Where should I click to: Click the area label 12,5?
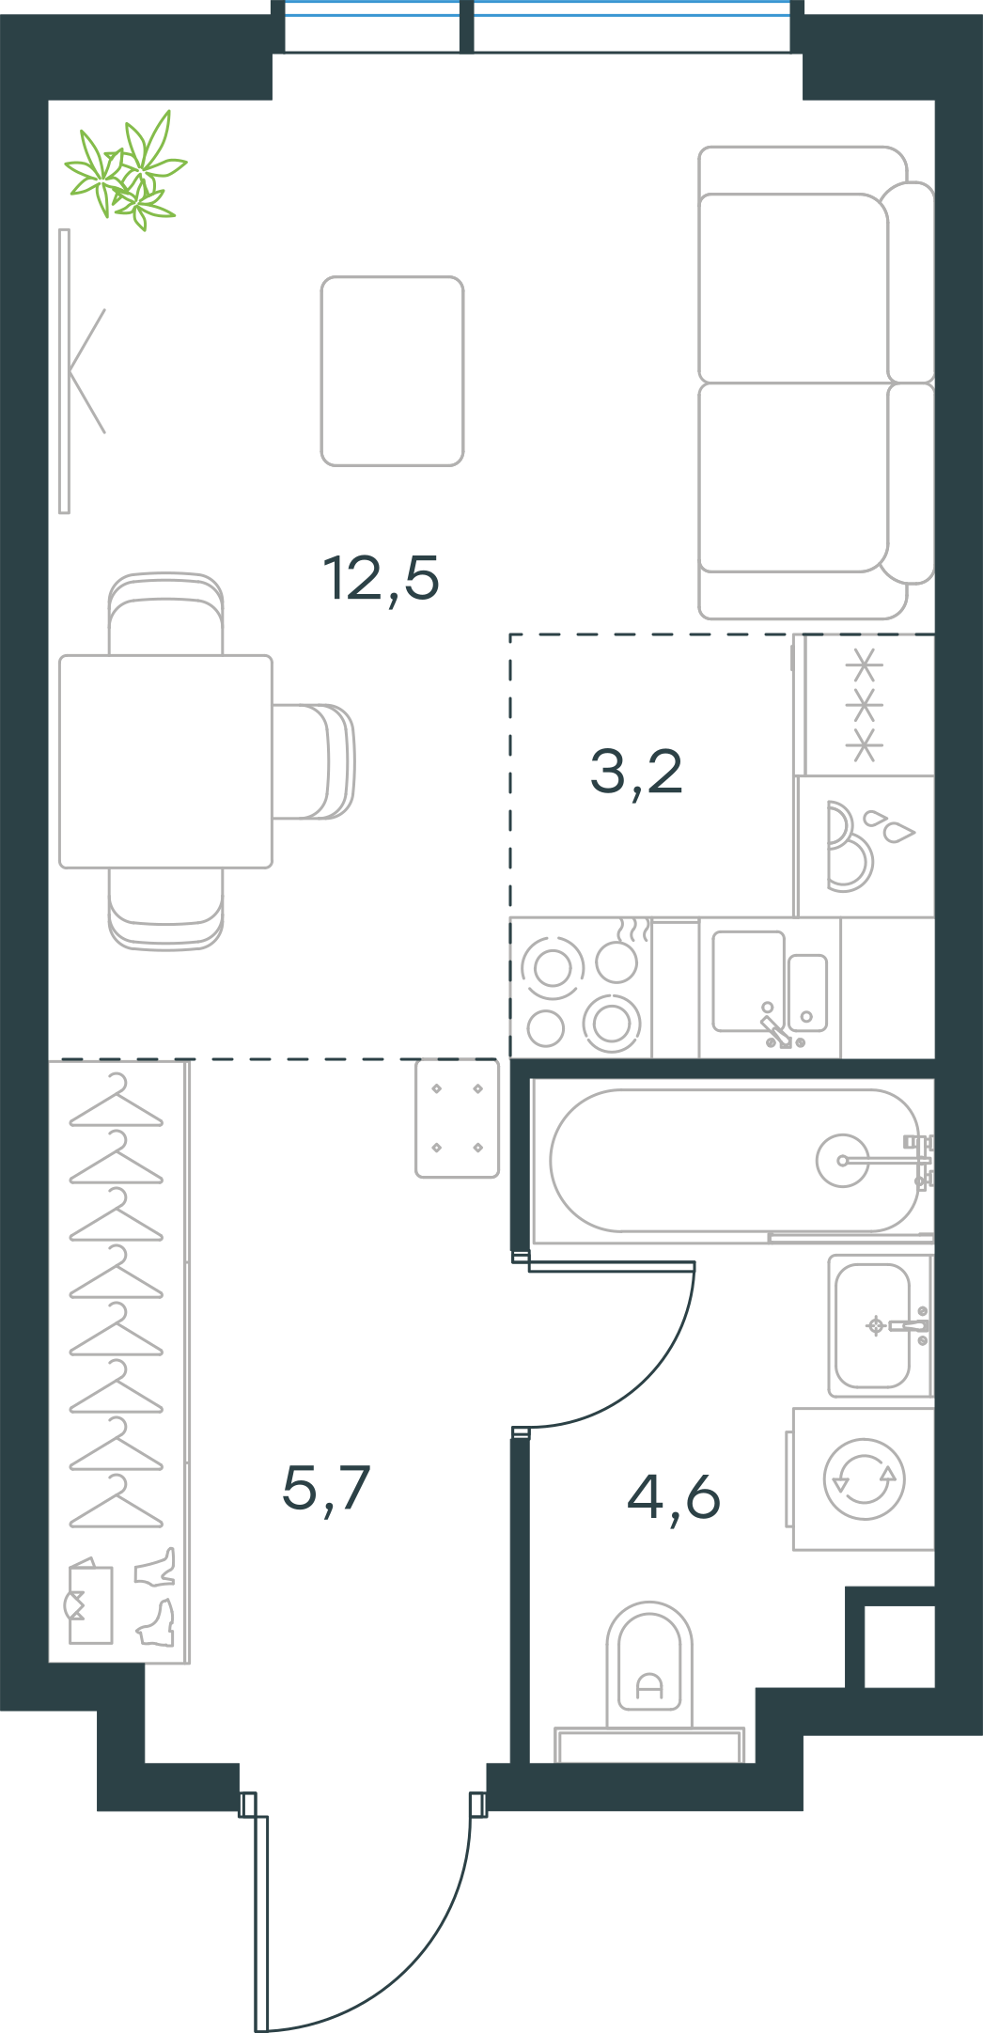click(381, 578)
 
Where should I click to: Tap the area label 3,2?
click(636, 773)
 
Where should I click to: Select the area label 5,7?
click(326, 1488)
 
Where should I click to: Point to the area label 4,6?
click(674, 1496)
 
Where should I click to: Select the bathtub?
click(733, 1160)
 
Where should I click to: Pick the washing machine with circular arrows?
click(861, 1478)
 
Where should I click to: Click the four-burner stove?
click(582, 988)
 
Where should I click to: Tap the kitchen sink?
click(770, 988)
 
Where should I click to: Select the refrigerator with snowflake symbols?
click(865, 705)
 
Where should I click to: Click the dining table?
click(165, 761)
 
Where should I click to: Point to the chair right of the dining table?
click(314, 761)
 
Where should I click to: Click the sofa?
click(816, 383)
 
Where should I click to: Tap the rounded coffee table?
click(392, 371)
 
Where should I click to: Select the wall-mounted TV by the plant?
click(65, 371)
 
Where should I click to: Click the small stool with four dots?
click(458, 1118)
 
